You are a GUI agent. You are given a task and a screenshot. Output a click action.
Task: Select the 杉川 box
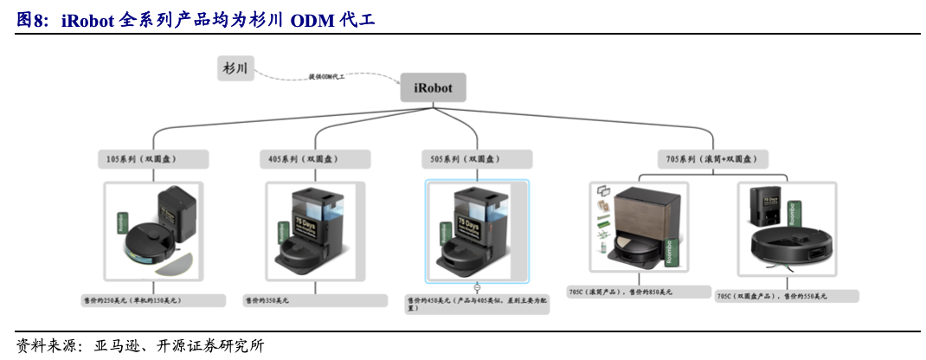click(235, 68)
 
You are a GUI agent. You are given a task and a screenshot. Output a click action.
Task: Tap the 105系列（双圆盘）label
click(152, 159)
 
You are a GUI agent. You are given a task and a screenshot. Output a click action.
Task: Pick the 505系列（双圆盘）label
click(477, 159)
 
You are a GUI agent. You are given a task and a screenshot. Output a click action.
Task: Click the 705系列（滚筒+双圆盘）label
click(712, 159)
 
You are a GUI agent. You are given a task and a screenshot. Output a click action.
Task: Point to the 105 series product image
click(152, 229)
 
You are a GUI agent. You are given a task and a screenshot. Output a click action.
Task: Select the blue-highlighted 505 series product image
click(477, 231)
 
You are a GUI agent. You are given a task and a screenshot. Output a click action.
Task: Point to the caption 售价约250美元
click(152, 299)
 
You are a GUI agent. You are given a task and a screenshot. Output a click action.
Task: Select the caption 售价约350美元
click(315, 299)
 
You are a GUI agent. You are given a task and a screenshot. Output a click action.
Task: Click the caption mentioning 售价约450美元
click(477, 303)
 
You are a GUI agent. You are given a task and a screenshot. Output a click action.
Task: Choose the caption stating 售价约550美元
click(787, 296)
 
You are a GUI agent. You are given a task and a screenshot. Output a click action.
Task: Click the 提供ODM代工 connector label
click(327, 77)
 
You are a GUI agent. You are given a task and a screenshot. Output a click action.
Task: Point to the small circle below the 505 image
click(477, 286)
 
